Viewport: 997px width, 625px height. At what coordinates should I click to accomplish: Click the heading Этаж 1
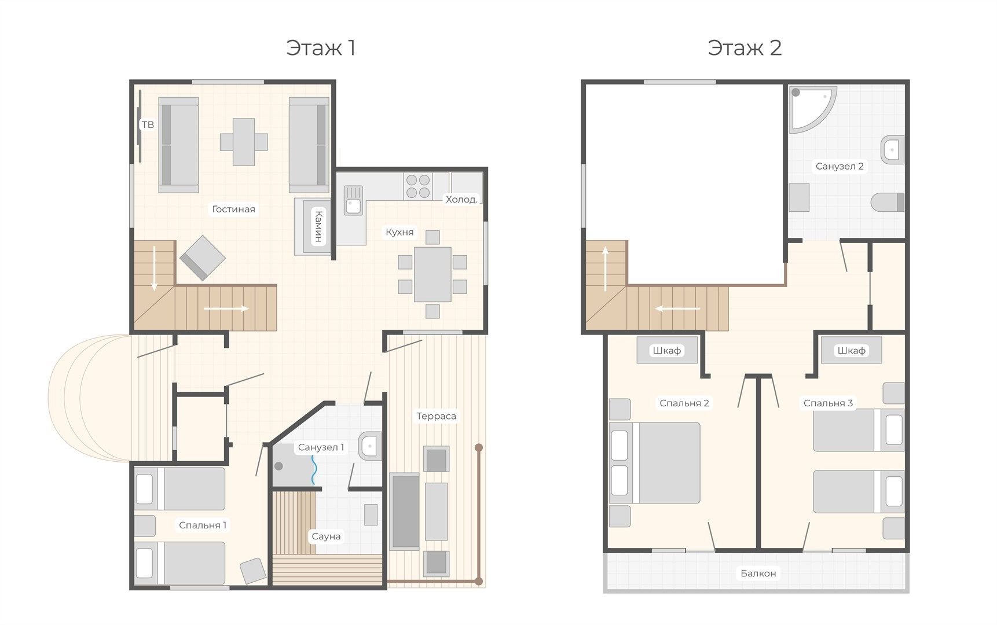(321, 47)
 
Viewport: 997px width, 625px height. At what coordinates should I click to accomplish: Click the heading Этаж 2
(745, 47)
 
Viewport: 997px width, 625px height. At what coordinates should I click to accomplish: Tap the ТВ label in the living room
(148, 124)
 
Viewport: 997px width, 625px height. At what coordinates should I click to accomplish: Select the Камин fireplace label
(318, 226)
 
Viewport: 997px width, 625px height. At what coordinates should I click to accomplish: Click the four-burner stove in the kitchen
(418, 186)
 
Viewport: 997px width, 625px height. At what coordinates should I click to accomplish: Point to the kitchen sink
(353, 200)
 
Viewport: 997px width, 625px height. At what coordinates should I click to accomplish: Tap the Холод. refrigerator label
(461, 199)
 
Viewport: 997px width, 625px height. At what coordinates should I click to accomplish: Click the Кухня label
(399, 232)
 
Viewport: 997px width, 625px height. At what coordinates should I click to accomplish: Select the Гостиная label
(233, 209)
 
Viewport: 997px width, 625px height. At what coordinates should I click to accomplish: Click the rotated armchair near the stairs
(202, 258)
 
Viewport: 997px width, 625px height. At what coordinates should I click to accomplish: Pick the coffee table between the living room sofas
(244, 142)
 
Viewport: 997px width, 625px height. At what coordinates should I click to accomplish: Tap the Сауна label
(326, 536)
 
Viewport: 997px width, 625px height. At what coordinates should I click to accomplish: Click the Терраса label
(436, 416)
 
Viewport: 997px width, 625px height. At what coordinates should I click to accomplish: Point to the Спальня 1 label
(203, 525)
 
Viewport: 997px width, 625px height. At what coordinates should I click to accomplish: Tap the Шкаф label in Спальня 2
(666, 351)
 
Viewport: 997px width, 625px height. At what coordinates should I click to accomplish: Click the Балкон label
(758, 573)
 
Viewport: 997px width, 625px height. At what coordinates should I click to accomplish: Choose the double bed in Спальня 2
(655, 462)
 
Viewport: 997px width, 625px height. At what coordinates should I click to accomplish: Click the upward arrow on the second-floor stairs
(606, 269)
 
